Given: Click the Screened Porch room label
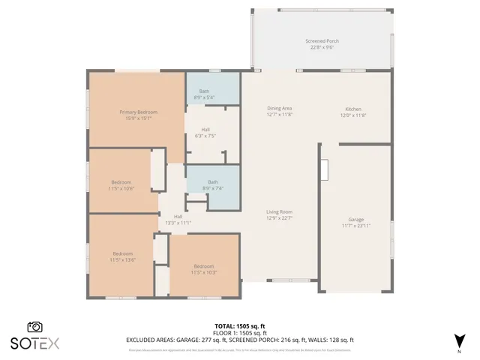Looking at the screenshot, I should [x=322, y=40].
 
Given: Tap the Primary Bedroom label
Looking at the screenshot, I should [x=138, y=112].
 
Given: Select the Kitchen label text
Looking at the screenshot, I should [x=352, y=109].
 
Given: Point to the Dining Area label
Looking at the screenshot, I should [x=279, y=109].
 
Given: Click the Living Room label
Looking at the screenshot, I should [x=279, y=212].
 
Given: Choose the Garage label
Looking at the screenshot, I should [x=355, y=220].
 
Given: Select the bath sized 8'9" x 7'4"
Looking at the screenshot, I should [x=212, y=184].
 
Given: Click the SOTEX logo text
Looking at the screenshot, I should [x=34, y=343].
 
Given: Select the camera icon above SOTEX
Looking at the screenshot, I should [x=34, y=327].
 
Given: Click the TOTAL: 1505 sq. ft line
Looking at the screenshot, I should [x=240, y=326].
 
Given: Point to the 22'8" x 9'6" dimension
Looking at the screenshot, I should [x=322, y=46].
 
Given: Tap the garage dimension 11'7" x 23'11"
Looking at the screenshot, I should [x=355, y=226].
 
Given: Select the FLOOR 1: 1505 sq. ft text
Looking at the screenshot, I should [x=240, y=333].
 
